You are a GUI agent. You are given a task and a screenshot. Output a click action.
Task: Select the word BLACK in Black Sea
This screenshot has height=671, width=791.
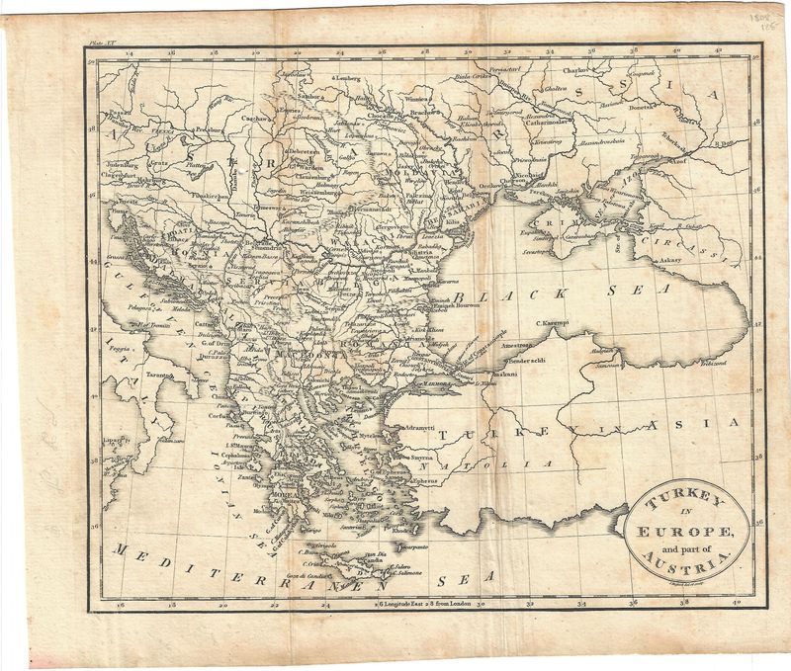pos(514,294)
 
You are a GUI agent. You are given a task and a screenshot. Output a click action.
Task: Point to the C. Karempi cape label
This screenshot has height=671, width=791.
pos(557,322)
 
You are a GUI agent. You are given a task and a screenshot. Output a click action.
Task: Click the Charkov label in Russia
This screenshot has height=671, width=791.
pos(581,71)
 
